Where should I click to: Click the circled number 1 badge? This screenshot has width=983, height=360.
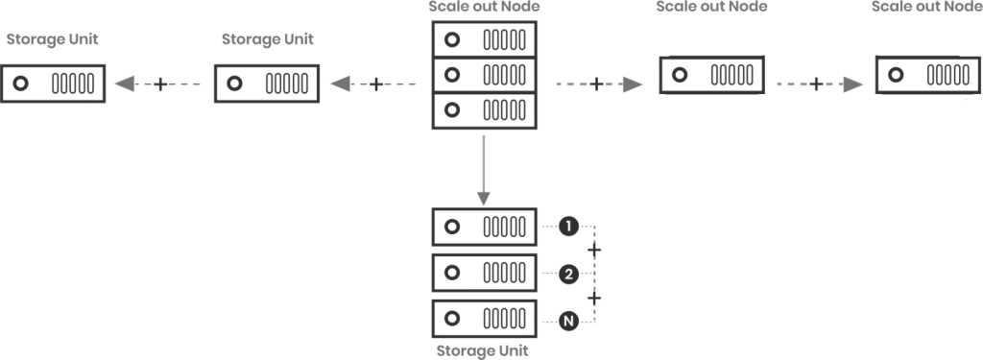pyautogui.click(x=568, y=228)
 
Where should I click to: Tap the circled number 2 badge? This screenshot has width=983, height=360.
pyautogui.click(x=568, y=275)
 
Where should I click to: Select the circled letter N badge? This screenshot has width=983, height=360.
pyautogui.click(x=568, y=321)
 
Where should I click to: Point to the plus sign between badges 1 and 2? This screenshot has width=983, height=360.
pyautogui.click(x=595, y=252)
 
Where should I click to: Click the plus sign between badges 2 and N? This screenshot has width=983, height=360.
pyautogui.click(x=595, y=299)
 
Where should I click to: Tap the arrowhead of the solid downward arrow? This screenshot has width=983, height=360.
pyautogui.click(x=483, y=199)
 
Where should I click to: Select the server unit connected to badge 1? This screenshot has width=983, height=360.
pyautogui.click(x=485, y=228)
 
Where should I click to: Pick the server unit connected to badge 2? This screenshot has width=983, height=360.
pyautogui.click(x=485, y=274)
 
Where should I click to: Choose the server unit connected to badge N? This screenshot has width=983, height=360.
pyautogui.click(x=485, y=320)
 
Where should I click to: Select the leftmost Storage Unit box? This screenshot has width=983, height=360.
pyautogui.click(x=53, y=84)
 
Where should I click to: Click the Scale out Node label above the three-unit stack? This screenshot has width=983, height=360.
pyautogui.click(x=482, y=8)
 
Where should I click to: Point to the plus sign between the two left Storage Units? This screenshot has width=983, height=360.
pyautogui.click(x=159, y=85)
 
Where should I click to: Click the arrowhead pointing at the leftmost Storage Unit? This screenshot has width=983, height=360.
pyautogui.click(x=124, y=85)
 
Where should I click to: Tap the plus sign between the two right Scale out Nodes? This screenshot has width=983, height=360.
pyautogui.click(x=815, y=84)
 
